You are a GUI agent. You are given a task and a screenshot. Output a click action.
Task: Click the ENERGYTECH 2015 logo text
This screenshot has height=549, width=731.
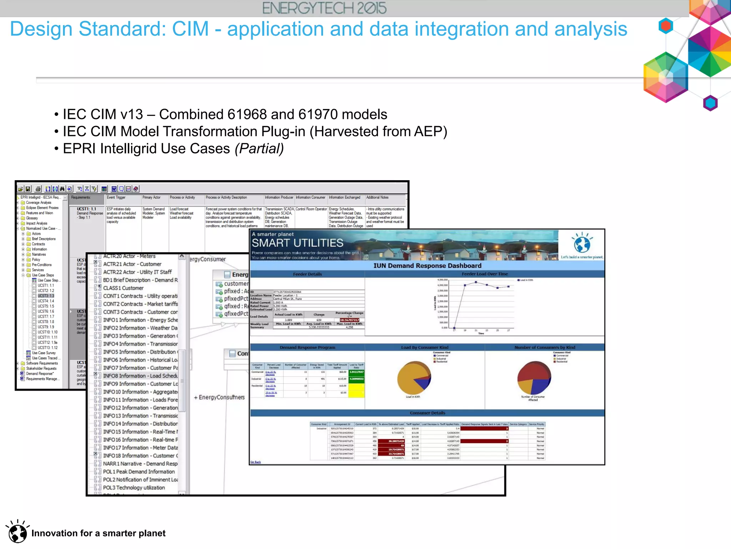click(x=324, y=8)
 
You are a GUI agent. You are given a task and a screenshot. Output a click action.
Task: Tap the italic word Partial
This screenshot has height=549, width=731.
click(x=259, y=149)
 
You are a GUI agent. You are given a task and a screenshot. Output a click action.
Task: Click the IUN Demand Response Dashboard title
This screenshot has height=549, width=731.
click(x=427, y=266)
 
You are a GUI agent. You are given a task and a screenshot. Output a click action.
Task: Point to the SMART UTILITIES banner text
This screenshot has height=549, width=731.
click(x=297, y=243)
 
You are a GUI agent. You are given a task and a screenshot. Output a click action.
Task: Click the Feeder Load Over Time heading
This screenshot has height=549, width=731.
click(x=484, y=274)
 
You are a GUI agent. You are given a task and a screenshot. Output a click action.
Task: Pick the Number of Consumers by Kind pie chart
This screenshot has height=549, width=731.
click(x=534, y=377)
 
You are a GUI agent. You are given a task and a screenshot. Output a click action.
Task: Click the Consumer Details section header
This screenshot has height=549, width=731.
click(x=427, y=413)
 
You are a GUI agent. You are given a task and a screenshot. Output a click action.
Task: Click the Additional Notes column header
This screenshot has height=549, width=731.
click(x=377, y=197)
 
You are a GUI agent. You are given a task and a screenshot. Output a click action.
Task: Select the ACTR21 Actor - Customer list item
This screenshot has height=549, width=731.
click(x=132, y=264)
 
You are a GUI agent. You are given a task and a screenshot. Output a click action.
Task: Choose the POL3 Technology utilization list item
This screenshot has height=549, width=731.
click(x=134, y=488)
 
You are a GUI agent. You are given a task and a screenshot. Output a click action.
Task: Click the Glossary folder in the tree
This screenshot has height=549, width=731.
click(x=32, y=218)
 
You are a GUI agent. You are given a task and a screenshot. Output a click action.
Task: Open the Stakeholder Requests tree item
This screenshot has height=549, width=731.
click(x=41, y=369)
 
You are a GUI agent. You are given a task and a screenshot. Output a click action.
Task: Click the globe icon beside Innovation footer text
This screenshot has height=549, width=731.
click(x=17, y=533)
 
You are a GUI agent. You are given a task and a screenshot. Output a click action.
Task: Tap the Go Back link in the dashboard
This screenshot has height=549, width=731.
click(x=256, y=462)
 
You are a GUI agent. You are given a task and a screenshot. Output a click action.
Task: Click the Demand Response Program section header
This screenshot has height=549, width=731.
click(x=307, y=347)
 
